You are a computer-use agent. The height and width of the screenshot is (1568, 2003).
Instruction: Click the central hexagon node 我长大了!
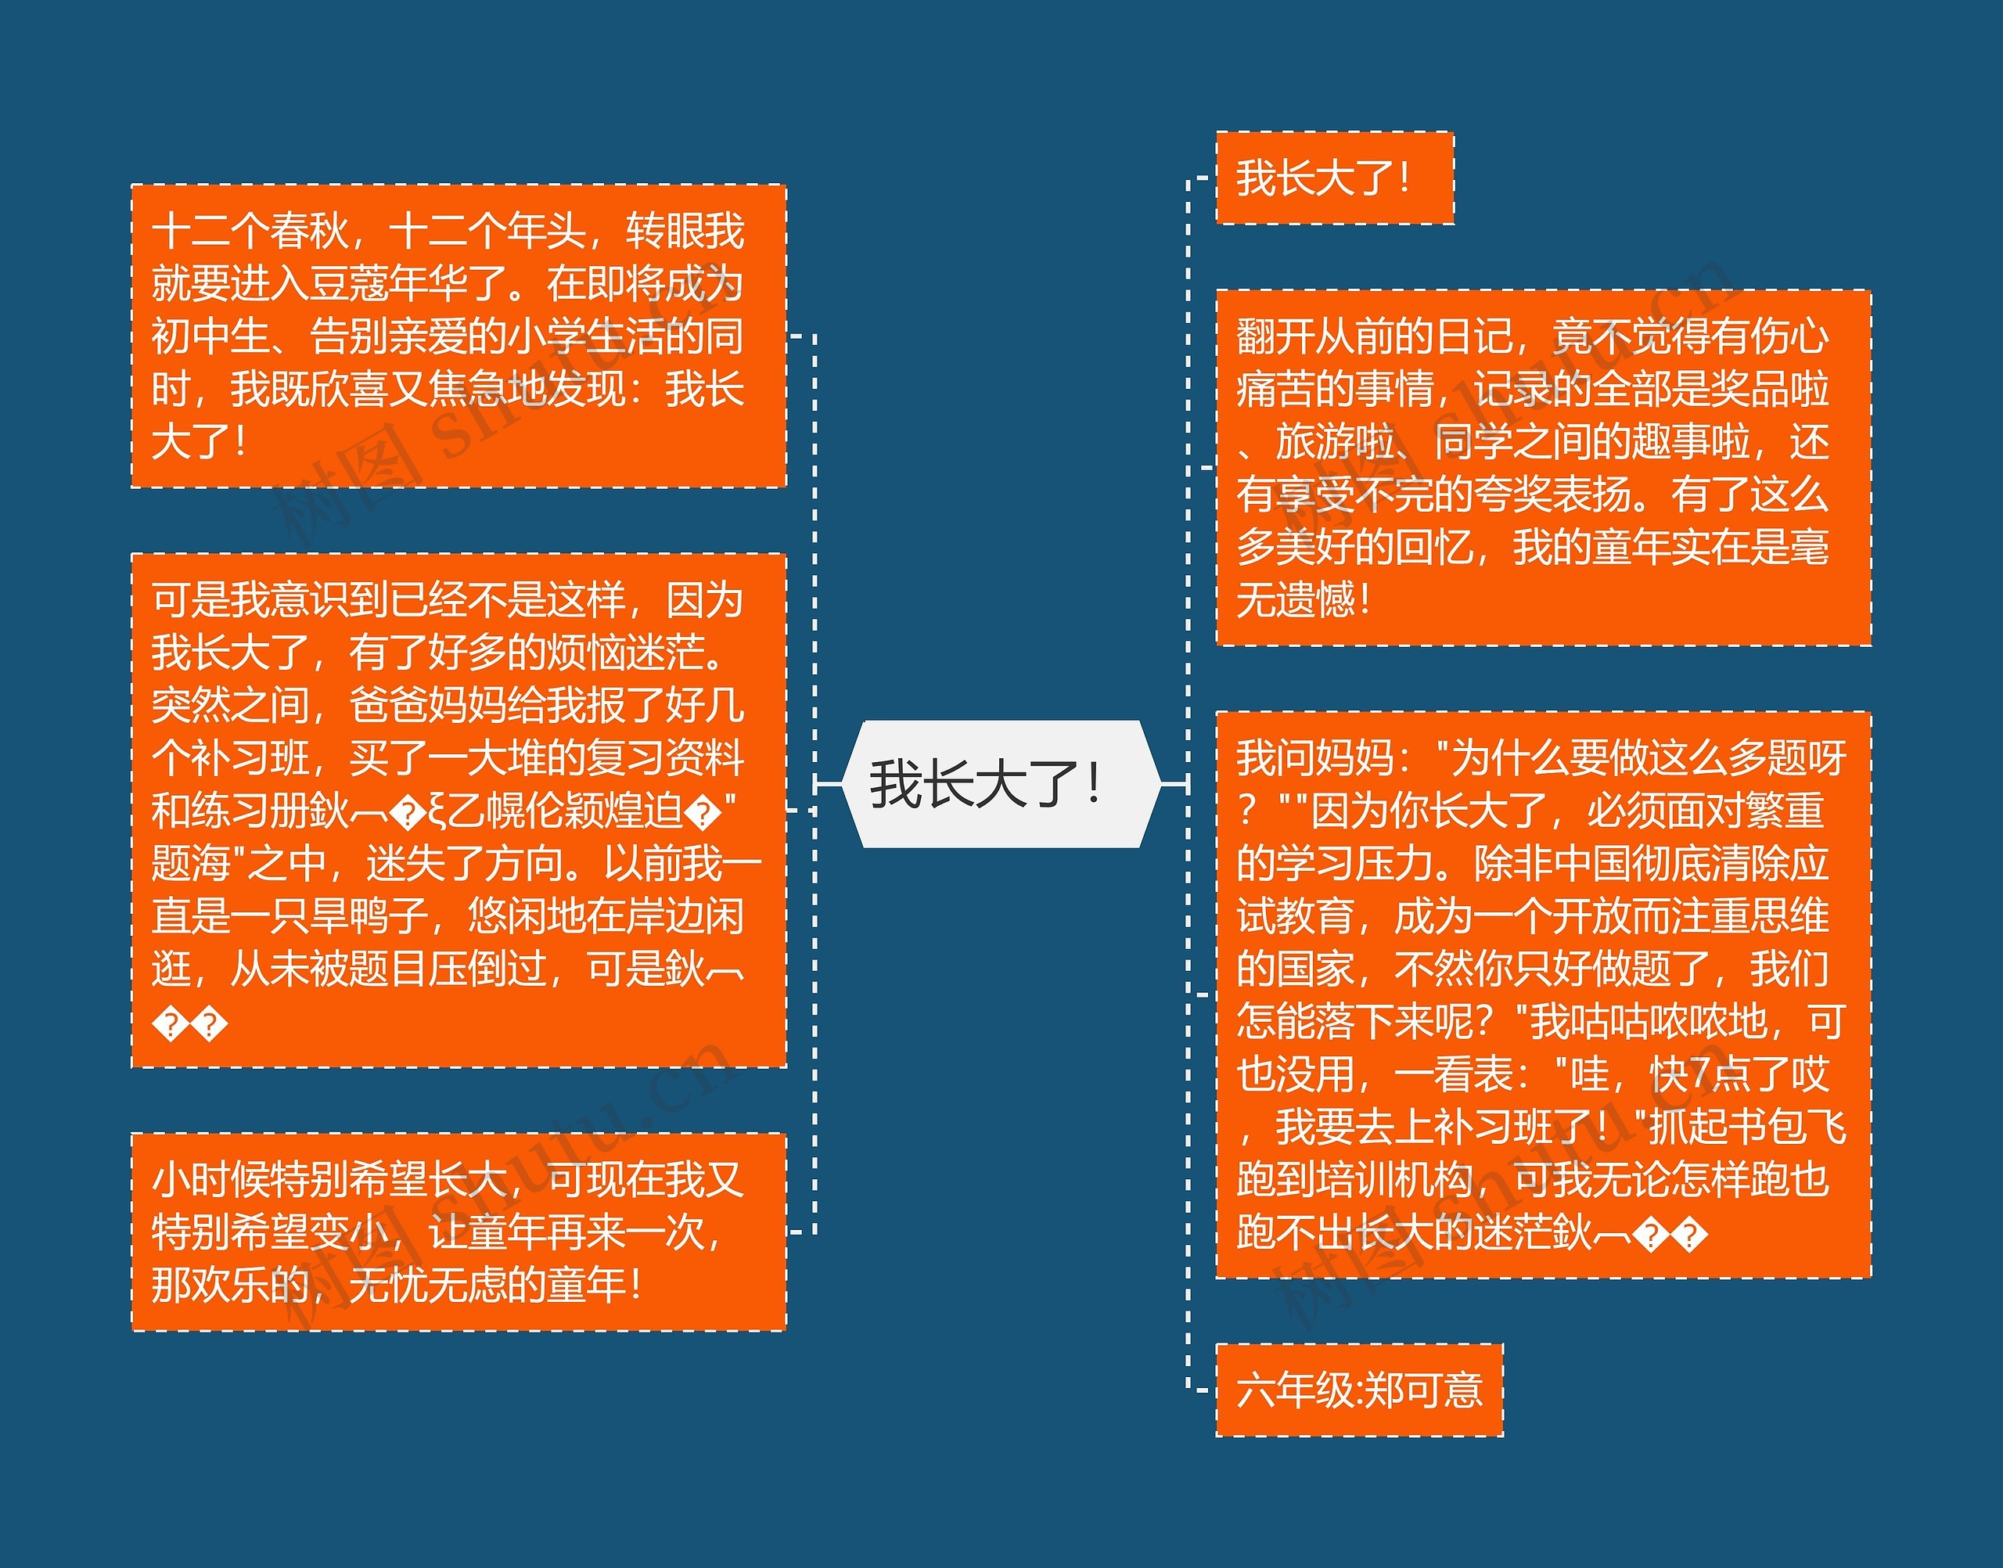coord(987,784)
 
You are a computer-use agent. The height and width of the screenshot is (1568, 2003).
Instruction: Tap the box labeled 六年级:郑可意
coord(1358,1390)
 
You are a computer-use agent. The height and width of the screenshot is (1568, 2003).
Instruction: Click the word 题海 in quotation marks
coord(191,864)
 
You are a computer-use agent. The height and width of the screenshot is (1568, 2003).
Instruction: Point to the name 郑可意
coord(1423,1390)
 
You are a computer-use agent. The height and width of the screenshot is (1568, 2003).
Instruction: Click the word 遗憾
coord(1315,600)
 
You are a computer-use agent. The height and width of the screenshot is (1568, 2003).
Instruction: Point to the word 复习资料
coord(666,758)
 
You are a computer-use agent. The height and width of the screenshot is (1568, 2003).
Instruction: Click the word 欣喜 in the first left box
coord(349,389)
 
